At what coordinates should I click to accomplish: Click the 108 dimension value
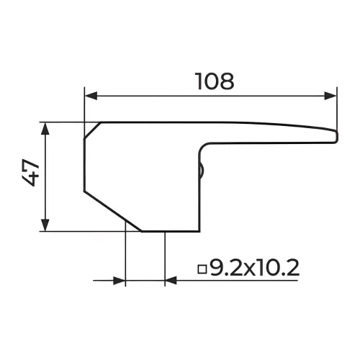[x=215, y=81]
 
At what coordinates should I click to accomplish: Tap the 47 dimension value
[x=30, y=172]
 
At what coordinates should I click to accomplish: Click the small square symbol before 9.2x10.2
[x=202, y=269]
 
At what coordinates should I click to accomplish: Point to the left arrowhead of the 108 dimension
[x=91, y=96]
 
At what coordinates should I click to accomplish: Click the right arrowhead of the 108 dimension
[x=330, y=96]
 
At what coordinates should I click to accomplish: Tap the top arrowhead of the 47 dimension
[x=45, y=128]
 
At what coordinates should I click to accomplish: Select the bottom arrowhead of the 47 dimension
[x=45, y=225]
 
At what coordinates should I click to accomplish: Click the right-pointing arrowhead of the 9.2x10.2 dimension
[x=120, y=280]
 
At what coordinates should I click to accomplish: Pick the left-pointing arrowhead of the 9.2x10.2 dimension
[x=171, y=280]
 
